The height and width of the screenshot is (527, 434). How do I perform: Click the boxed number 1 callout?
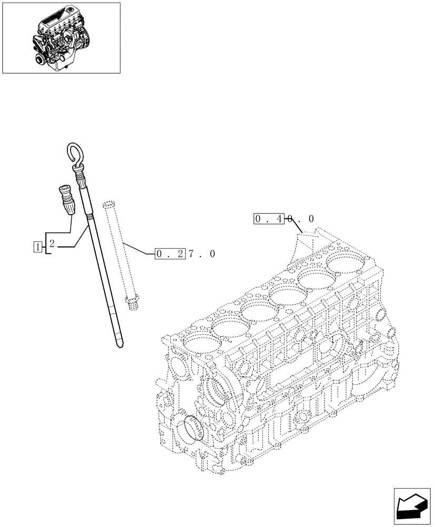coord(37,245)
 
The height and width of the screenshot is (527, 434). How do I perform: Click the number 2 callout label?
coord(52,244)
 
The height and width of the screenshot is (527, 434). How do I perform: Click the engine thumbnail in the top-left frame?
coord(61,37)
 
